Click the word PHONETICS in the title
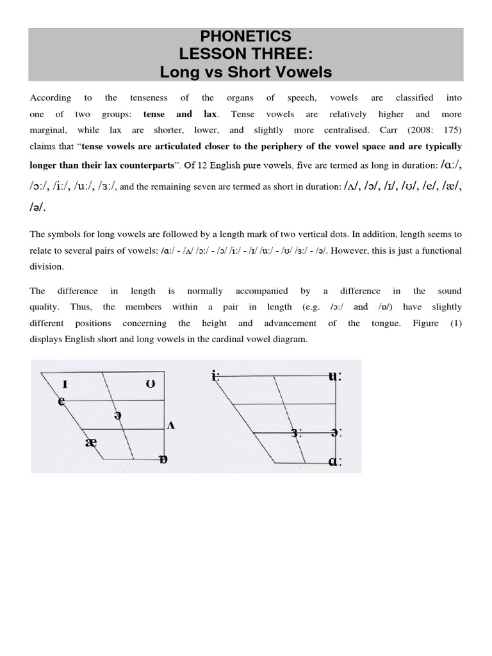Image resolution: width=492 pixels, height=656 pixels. pos(245,37)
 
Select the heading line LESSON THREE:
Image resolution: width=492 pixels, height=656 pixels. pos(245,54)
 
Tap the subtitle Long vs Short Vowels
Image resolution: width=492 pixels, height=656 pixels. pos(245,72)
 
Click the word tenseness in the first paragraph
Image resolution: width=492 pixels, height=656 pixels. pos(149,98)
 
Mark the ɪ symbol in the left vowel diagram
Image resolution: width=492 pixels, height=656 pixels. pos(65,384)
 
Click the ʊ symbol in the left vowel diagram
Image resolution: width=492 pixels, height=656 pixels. pos(150,384)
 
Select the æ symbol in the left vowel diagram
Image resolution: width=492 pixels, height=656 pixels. pos(90,442)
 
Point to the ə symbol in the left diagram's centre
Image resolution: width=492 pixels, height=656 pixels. pos(117,415)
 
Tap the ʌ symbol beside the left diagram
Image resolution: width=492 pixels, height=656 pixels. pos(170,425)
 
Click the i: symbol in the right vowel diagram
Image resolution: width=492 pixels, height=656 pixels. pos(215,376)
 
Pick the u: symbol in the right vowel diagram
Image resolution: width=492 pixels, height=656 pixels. pos(334,376)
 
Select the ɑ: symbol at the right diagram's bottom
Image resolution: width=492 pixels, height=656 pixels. pos(334,461)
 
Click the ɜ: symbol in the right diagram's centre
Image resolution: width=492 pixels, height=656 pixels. pos(295,433)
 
